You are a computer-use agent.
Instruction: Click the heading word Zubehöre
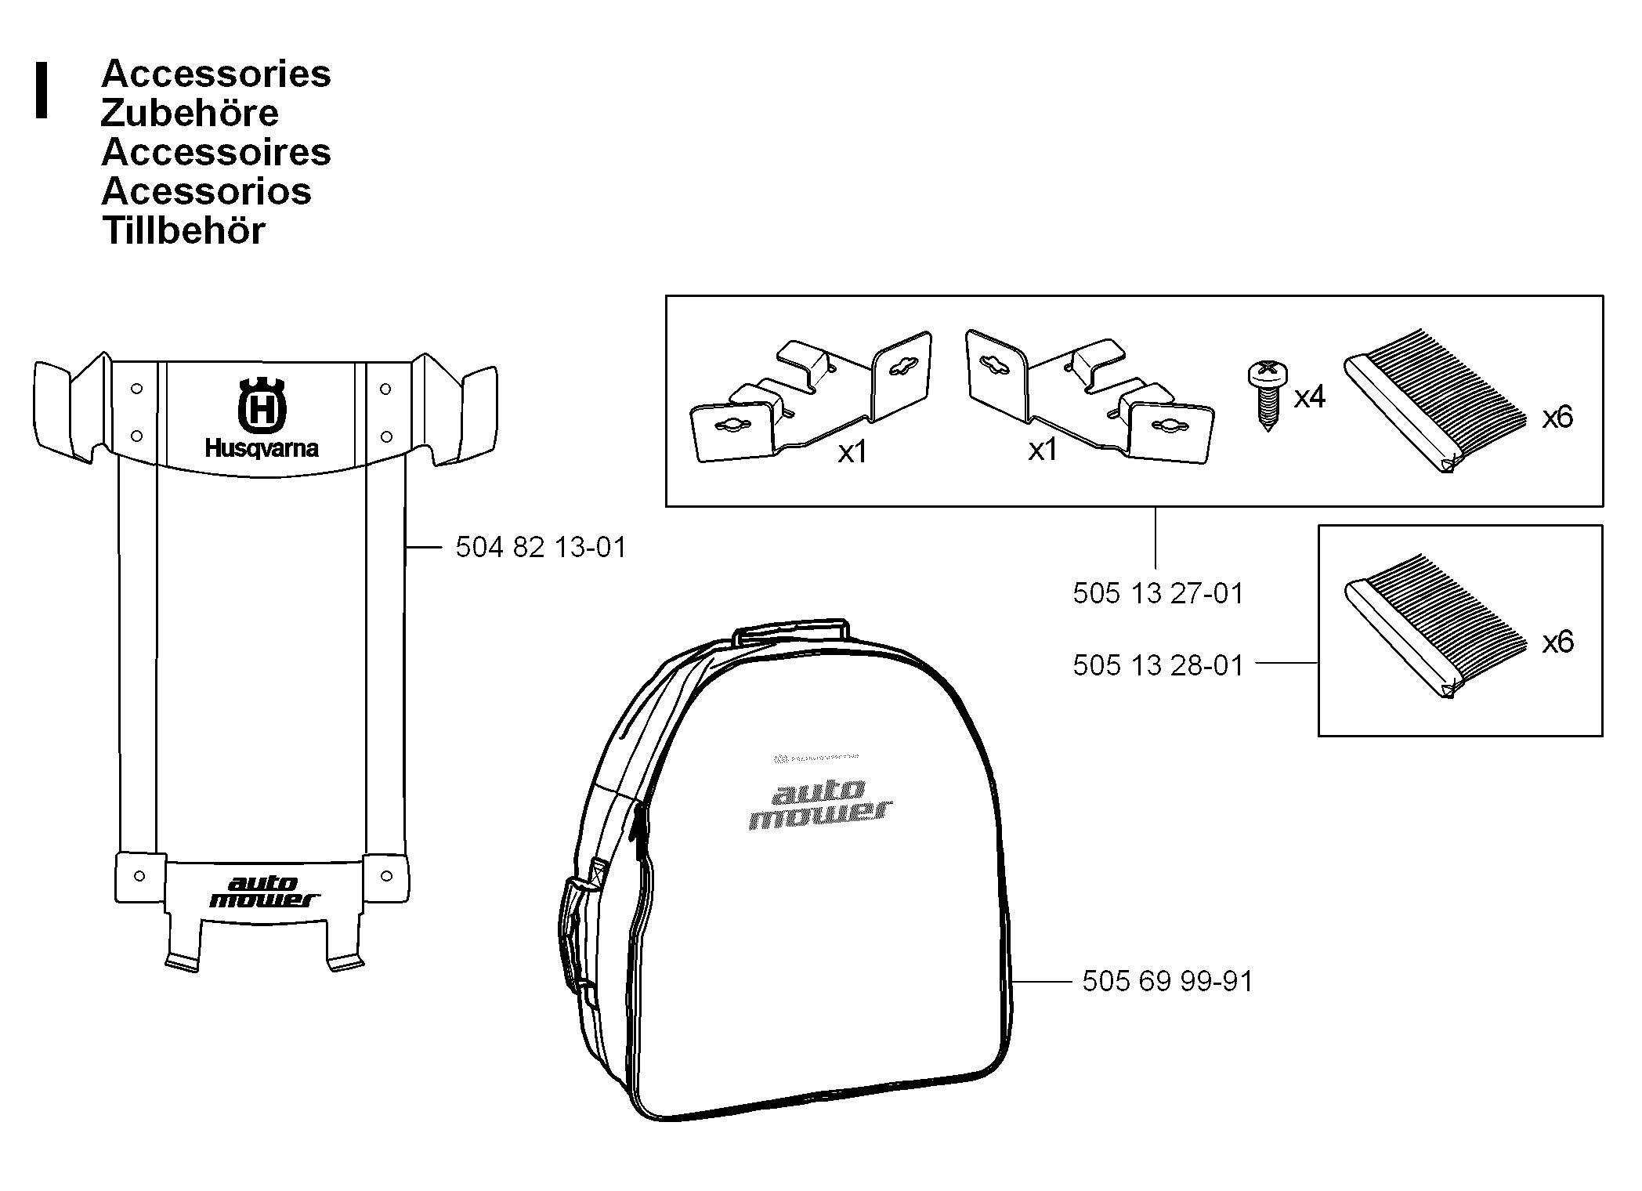click(x=190, y=114)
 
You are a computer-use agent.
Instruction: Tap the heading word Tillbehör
click(x=184, y=231)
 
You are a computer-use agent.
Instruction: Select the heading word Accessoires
click(x=216, y=153)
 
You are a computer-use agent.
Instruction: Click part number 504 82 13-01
click(x=541, y=547)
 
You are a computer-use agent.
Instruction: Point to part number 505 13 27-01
click(x=1158, y=593)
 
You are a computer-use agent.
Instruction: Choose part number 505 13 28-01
click(x=1158, y=665)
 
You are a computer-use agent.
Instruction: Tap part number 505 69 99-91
click(x=1167, y=981)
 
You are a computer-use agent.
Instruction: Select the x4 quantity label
click(x=1310, y=397)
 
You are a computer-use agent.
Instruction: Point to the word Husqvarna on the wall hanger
click(x=262, y=449)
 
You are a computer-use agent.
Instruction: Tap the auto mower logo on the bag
click(x=819, y=804)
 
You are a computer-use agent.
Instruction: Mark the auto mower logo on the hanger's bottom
click(x=263, y=892)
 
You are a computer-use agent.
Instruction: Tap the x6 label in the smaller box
click(x=1557, y=643)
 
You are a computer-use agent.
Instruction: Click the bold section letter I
click(x=42, y=91)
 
